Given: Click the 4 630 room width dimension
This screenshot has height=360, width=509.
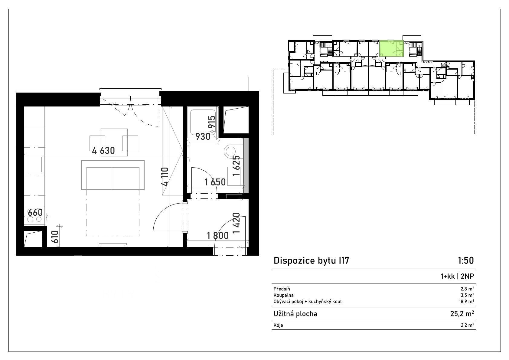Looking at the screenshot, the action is point(103,150).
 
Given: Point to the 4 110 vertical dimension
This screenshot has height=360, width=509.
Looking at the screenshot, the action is point(166,177).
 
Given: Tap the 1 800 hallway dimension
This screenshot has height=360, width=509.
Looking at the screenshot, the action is point(218,236).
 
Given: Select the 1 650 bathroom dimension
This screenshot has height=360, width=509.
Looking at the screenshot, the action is point(215,182).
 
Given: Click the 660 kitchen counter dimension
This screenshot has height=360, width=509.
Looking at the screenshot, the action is point(35,212).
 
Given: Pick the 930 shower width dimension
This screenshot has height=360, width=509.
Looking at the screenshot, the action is point(203,137).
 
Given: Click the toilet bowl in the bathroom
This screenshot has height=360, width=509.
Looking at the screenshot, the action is point(230,151).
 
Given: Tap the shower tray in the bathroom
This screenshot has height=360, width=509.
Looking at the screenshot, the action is point(203,122).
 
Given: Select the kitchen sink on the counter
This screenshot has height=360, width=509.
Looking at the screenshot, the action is point(34,164).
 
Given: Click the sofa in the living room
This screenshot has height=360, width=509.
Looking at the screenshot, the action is point(113,175).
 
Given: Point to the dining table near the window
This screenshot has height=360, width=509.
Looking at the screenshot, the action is point(114,142).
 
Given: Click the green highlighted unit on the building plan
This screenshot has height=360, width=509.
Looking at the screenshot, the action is point(391,48).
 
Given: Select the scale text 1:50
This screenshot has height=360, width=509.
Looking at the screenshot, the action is point(466,260).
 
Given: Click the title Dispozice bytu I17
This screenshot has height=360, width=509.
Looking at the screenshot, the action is point(311,261).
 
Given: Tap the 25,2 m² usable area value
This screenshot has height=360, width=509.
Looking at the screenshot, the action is point(462,314).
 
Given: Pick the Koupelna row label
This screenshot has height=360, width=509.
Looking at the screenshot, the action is point(284,295).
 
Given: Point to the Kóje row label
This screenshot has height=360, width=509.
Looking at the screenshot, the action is point(278,325).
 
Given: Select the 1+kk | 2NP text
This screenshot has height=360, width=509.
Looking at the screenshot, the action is point(457,276).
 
